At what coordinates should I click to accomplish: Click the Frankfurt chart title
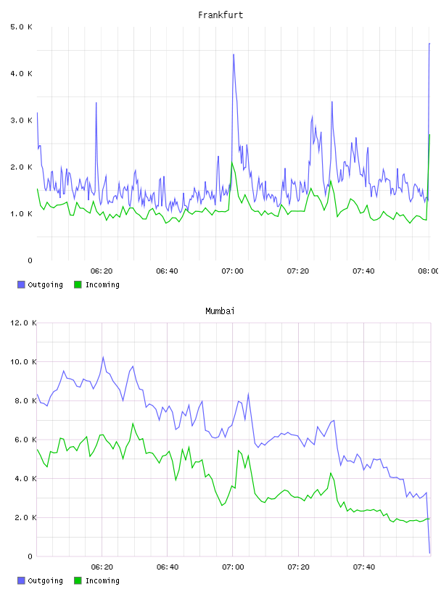click(220, 15)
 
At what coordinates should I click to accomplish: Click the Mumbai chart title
click(220, 311)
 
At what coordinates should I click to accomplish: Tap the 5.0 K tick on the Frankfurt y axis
click(21, 27)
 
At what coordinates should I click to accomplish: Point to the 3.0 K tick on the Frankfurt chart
click(21, 120)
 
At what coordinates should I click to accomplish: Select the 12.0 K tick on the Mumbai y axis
click(23, 323)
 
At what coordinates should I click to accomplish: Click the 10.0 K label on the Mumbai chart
click(23, 362)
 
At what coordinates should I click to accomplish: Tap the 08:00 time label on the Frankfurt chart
click(428, 271)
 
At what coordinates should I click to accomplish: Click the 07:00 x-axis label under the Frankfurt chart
click(233, 271)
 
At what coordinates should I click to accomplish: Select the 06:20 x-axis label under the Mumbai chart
click(102, 567)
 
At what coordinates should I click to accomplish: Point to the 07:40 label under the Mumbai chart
click(364, 567)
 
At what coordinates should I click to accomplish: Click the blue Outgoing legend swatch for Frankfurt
click(21, 284)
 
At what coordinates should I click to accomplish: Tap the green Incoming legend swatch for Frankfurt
click(78, 284)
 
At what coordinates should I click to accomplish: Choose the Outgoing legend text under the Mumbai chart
click(45, 580)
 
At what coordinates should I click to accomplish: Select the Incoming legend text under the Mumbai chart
click(102, 580)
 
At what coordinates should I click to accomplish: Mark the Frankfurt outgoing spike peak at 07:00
click(234, 54)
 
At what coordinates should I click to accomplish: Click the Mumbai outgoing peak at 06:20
click(103, 357)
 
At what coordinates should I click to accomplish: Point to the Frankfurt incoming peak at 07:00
click(232, 163)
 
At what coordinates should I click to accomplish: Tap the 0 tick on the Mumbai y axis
click(30, 556)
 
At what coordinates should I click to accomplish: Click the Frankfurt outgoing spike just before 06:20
click(96, 103)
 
